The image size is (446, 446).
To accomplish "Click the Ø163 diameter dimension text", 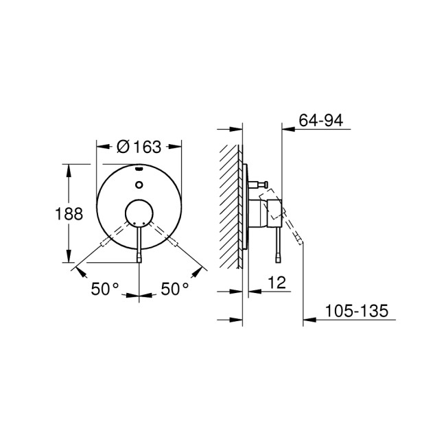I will click(139, 146).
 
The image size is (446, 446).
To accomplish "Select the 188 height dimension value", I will click(69, 213).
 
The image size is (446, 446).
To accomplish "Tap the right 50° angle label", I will click(174, 290).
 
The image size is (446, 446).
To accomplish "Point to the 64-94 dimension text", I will click(321, 121).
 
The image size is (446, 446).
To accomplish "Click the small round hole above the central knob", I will click(139, 184).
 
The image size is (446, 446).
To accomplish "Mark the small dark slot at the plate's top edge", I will click(139, 167).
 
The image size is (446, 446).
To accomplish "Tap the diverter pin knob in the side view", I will click(261, 184).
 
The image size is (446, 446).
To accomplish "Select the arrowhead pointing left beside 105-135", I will click(309, 320).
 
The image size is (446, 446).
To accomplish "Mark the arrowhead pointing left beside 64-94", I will click(289, 129).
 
